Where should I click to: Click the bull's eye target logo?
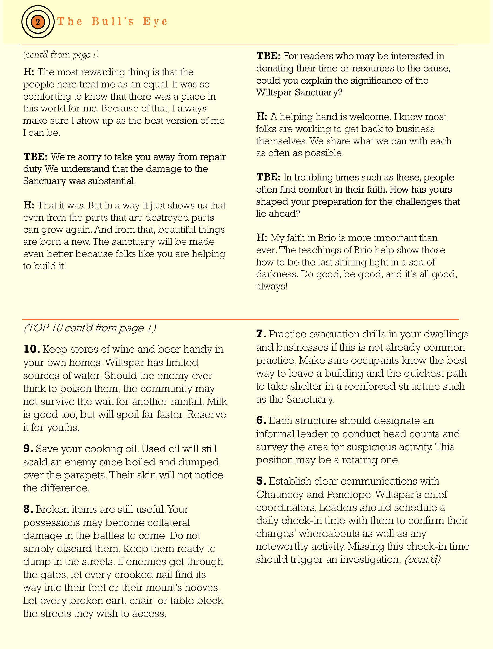pyautogui.click(x=38, y=22)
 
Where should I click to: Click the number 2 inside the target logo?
pyautogui.click(x=38, y=22)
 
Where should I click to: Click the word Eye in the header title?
pyautogui.click(x=155, y=22)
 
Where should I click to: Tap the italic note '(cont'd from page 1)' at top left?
pyautogui.click(x=61, y=55)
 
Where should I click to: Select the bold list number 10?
pyautogui.click(x=32, y=349)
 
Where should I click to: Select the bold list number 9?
pyautogui.click(x=28, y=449)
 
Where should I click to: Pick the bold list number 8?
pyautogui.click(x=28, y=509)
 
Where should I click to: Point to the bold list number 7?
pyautogui.click(x=261, y=334)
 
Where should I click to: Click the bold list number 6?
pyautogui.click(x=261, y=420)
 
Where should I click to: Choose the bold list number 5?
pyautogui.click(x=261, y=481)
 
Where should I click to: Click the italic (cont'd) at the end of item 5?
pyautogui.click(x=422, y=559)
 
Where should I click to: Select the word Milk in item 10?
pyautogui.click(x=216, y=402)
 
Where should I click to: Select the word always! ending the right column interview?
pyautogui.click(x=272, y=286)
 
